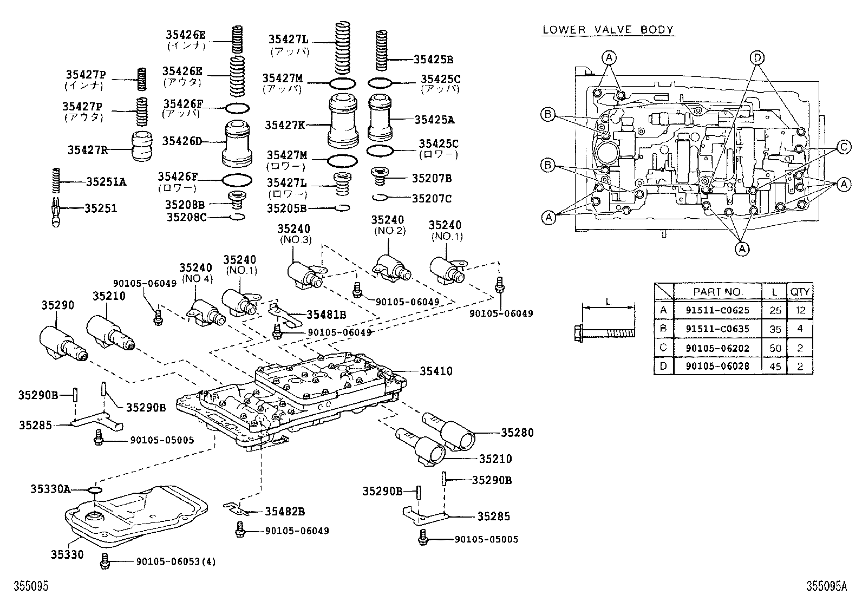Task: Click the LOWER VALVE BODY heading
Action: coord(608,29)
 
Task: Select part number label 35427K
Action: coord(285,125)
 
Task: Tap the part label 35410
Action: coord(436,371)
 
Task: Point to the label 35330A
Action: coord(50,489)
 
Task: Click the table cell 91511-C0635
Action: coord(717,329)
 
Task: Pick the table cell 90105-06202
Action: coord(717,348)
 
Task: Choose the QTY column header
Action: coord(800,292)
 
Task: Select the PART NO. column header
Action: coord(717,292)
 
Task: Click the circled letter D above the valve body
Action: coord(757,57)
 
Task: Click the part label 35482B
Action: coord(285,512)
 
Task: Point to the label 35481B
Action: coord(326,314)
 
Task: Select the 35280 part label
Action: coord(517,432)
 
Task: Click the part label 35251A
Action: coord(106,182)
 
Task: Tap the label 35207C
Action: coord(432,199)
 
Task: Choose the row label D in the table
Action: coord(663,367)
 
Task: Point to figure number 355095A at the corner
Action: coord(826,586)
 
